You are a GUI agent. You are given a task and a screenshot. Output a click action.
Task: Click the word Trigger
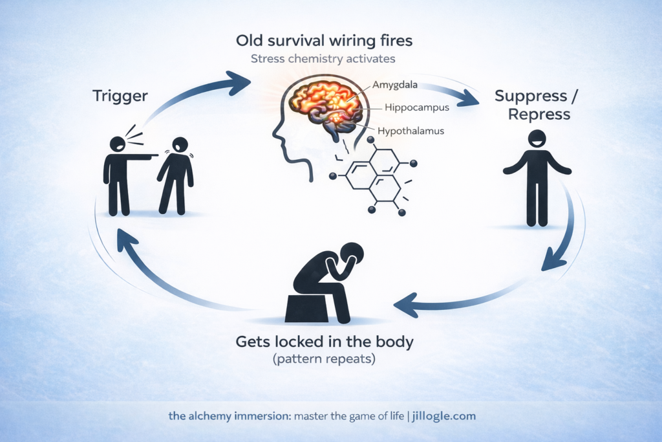(x=120, y=96)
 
